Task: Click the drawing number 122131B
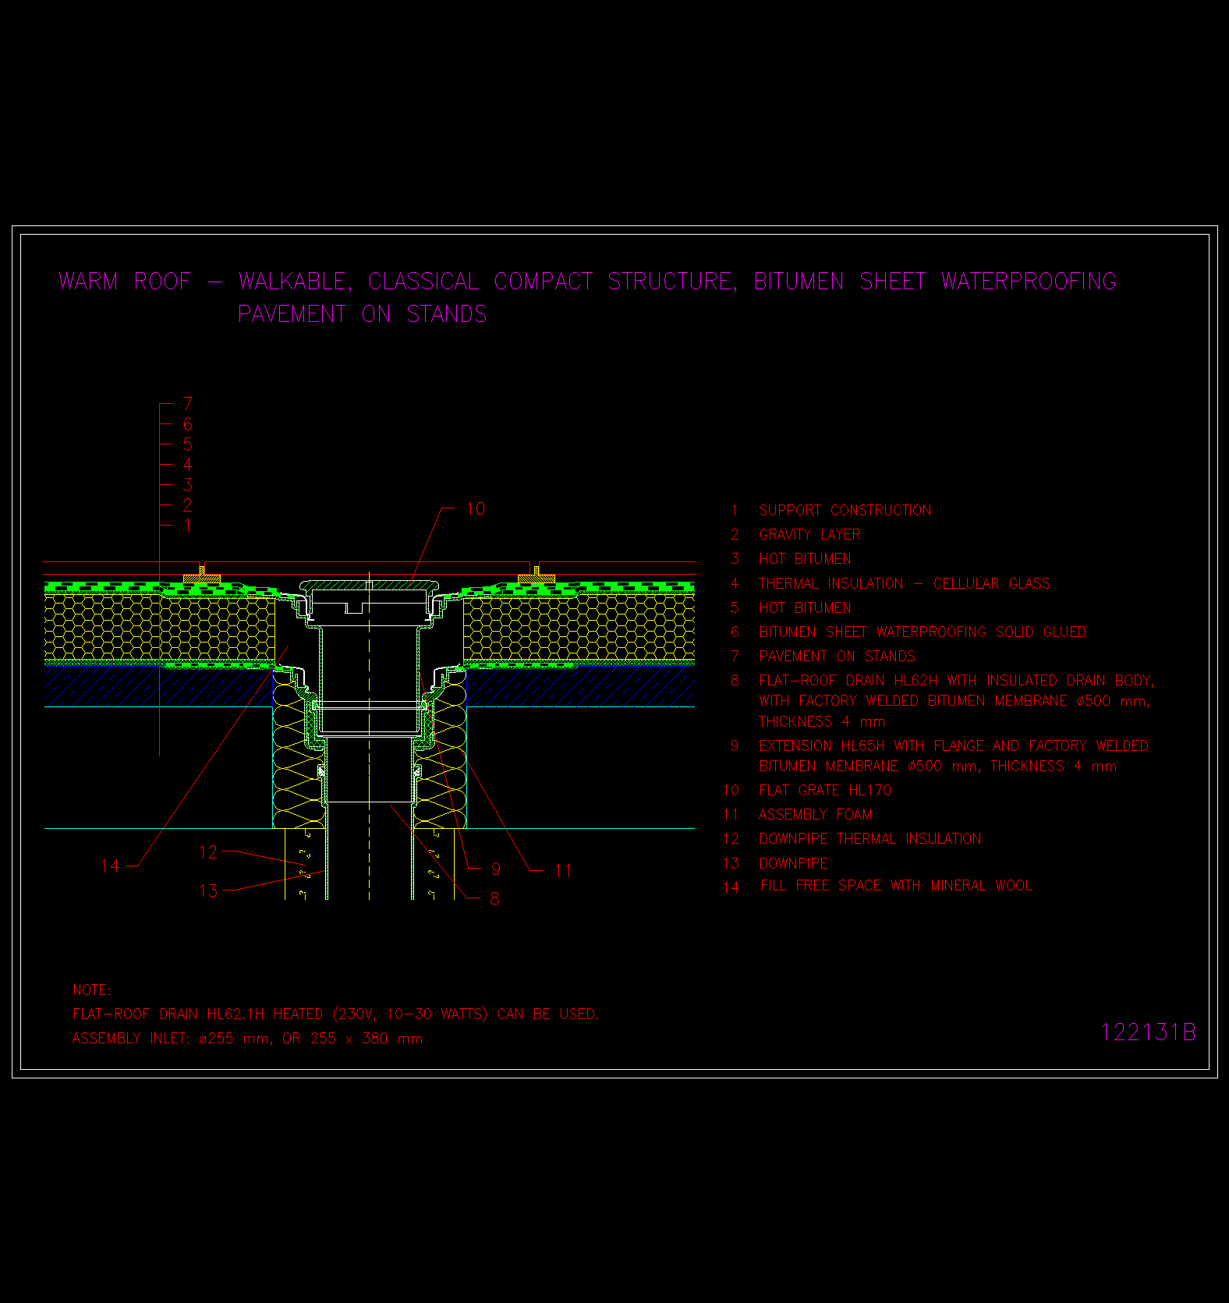(1147, 1032)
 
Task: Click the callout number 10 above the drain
(476, 509)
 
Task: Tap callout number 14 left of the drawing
(110, 866)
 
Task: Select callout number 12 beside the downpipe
(208, 852)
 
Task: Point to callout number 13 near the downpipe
(208, 891)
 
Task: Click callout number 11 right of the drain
(563, 871)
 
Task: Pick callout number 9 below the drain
(496, 869)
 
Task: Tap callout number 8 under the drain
(494, 898)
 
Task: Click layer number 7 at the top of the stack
(187, 404)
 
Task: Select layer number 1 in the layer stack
(187, 526)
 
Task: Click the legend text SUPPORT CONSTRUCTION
(845, 511)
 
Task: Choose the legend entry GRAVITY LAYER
(809, 535)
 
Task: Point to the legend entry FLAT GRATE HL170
(824, 791)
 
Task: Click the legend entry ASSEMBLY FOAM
(815, 815)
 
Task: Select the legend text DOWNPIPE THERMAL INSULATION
(870, 839)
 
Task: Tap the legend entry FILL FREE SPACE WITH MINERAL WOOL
(896, 886)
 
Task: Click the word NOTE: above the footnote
(91, 990)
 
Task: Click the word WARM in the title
(88, 281)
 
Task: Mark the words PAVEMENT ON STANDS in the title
(362, 314)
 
